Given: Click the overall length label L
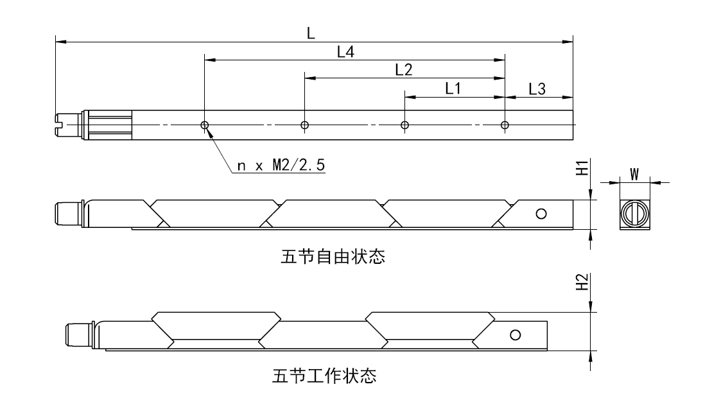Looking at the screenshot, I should pos(311,33).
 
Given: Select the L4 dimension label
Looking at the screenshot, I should pos(346,53).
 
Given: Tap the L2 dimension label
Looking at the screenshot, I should pos(403,70).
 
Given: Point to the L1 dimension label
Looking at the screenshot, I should pos(453,89).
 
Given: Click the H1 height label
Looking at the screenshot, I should pos(582,168).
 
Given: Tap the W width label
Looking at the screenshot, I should pos(634,174).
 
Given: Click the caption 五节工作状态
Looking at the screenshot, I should pos(324,375).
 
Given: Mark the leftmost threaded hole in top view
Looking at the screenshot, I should pos(204,125).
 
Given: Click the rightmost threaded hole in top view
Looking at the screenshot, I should pos(505,125).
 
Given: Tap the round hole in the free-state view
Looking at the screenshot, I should pos(541,214).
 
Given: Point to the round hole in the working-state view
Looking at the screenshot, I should pos(515,334).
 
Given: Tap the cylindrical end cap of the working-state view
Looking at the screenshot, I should pos(76,335).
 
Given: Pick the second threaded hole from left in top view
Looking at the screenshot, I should pos(304,125).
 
